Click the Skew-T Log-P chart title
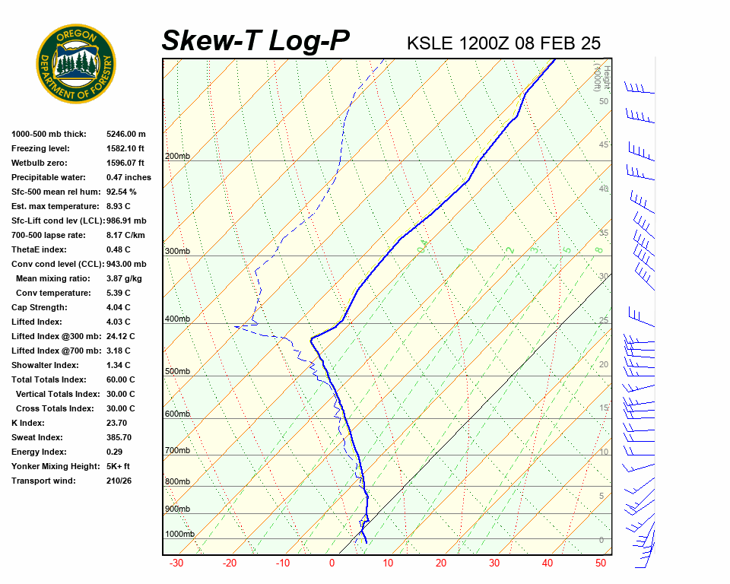click(255, 41)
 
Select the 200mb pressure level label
click(177, 157)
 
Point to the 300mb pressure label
click(177, 251)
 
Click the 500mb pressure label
click(177, 371)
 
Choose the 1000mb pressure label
click(179, 534)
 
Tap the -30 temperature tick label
click(176, 563)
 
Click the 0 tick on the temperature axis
click(332, 563)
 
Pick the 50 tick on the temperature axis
click(600, 563)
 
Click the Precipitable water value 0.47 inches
click(129, 177)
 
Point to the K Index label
click(28, 423)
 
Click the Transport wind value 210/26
click(119, 481)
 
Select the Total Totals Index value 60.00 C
click(120, 379)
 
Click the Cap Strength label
click(40, 307)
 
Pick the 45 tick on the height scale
click(604, 144)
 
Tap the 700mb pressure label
click(177, 451)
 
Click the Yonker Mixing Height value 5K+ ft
click(119, 466)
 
